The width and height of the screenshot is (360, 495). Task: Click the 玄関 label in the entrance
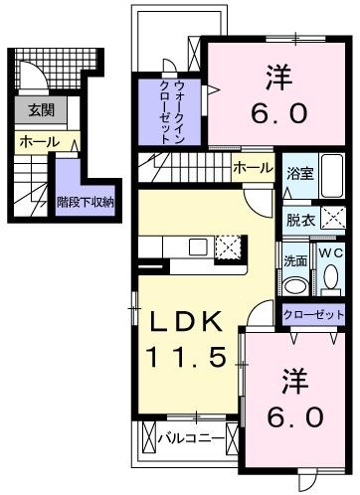pos(41,110)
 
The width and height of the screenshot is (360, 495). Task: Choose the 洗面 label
pos(294,260)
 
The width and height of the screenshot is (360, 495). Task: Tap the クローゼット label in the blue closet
pos(312,314)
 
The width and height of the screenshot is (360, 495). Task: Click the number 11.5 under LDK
pos(193,356)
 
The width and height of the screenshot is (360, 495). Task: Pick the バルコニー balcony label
pos(190,435)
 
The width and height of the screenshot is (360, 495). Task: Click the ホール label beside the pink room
pos(253,168)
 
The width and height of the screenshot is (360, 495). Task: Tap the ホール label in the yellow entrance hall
pos(39,143)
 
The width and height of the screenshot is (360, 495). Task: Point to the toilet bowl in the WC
pos(329,286)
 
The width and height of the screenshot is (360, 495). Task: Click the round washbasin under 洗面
pos(294,286)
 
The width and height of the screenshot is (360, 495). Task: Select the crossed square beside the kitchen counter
pos(229,247)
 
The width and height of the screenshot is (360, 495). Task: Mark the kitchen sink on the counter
pos(197,247)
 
